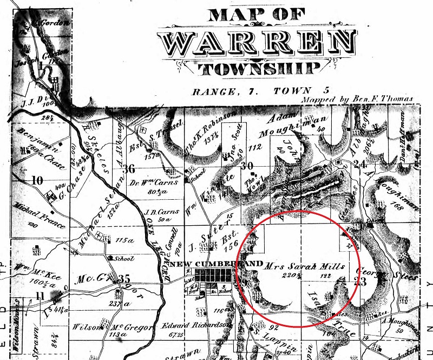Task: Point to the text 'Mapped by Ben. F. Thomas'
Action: (358, 100)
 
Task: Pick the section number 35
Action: (124, 279)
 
